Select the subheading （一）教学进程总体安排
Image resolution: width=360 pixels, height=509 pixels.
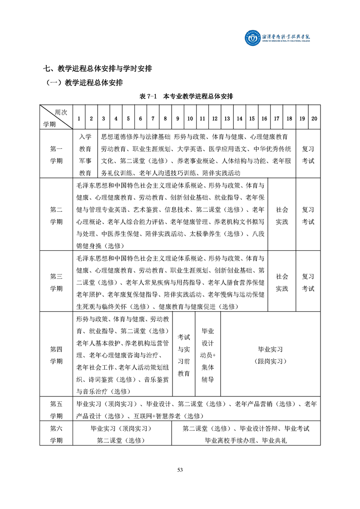pyautogui.click(x=84, y=83)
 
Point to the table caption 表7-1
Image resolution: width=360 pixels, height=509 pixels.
pyautogui.click(x=148, y=97)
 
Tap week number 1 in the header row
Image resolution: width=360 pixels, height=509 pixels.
pyautogui.click(x=79, y=118)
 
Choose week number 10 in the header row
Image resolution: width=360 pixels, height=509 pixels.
pyautogui.click(x=190, y=118)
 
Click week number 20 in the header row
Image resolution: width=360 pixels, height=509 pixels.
pyautogui.click(x=314, y=118)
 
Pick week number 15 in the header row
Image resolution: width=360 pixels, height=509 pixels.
pyautogui.click(x=252, y=118)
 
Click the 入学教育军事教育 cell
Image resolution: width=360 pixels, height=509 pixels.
pyautogui.click(x=85, y=155)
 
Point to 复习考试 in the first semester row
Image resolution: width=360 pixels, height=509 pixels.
pyautogui.click(x=308, y=155)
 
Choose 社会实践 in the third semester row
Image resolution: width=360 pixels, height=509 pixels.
pyautogui.click(x=282, y=282)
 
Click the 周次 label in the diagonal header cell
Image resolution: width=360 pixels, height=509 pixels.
pyautogui.click(x=60, y=112)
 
